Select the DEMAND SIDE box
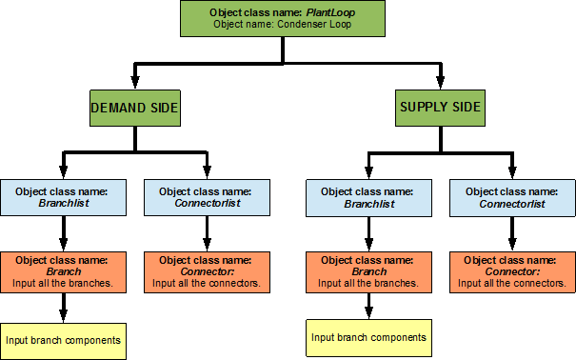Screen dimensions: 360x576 pos(134,109)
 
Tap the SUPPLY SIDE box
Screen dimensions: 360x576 pos(439,109)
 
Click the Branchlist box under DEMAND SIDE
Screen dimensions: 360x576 pos(63,197)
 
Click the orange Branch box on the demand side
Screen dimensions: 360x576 pos(63,270)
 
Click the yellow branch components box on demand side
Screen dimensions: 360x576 pos(63,339)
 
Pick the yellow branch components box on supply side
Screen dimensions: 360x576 pos(367,337)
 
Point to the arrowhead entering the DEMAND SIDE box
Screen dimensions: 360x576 pos(134,83)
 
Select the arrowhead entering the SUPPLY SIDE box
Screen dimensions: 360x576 pos(439,83)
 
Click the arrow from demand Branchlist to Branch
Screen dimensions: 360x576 pos(63,233)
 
